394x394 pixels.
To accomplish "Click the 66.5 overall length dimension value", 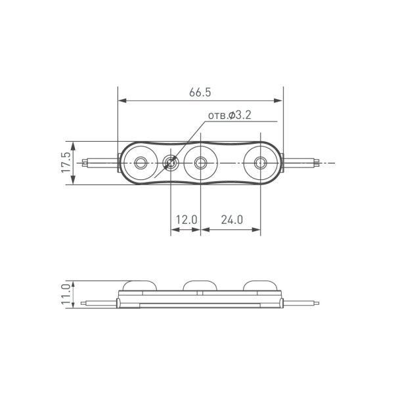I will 201,93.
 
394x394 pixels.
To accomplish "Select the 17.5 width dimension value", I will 64,163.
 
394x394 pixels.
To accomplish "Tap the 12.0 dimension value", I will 185,221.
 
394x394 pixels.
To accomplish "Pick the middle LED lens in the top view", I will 200,162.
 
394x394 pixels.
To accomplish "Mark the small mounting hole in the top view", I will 171,162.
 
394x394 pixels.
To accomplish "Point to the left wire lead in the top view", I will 98,162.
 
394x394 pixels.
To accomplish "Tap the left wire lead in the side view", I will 98,303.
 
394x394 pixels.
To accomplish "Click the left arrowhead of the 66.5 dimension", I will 122,101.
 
